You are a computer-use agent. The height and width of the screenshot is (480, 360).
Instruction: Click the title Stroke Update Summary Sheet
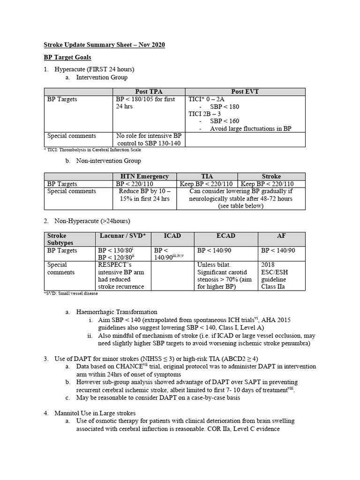pos(104,45)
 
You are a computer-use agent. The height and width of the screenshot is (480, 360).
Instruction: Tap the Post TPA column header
pos(149,92)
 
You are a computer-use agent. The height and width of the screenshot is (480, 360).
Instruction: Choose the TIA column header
pos(207,176)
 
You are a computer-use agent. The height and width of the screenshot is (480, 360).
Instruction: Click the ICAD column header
pos(172,236)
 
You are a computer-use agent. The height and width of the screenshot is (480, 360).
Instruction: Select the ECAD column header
pos(225,236)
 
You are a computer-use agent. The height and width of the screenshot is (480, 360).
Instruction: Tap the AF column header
pos(281,236)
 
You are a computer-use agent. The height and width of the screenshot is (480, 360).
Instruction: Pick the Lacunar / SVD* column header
pos(123,236)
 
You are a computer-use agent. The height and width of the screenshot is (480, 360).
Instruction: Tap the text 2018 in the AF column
pos(269,265)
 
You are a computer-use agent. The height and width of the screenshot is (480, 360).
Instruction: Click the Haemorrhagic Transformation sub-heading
pos(117,312)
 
